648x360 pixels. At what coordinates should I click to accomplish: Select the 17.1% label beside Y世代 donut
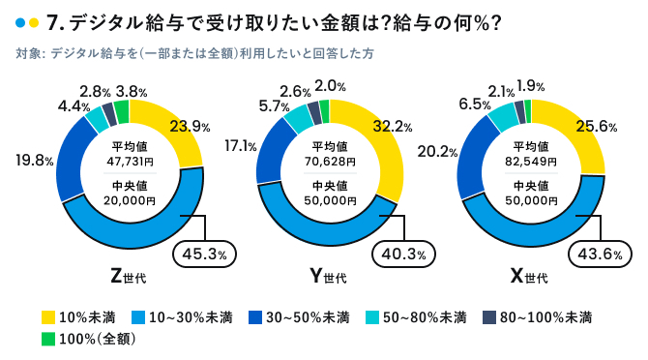pyautogui.click(x=240, y=147)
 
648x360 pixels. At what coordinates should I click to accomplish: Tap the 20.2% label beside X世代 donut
pyautogui.click(x=437, y=152)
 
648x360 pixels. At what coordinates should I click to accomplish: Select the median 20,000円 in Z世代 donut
pyautogui.click(x=128, y=200)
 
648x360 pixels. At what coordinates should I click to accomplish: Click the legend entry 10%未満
pyautogui.click(x=78, y=316)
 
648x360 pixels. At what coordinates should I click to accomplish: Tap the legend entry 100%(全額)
pyautogui.click(x=86, y=339)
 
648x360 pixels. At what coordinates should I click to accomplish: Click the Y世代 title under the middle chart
pyautogui.click(x=327, y=278)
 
